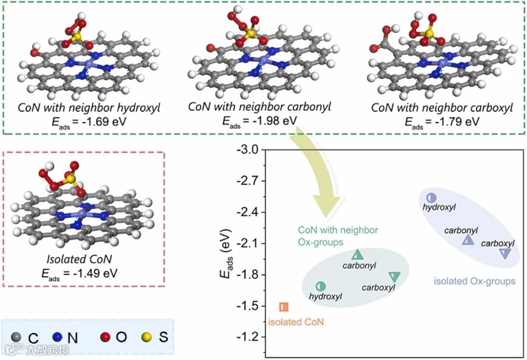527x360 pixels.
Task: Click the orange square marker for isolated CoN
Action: [283, 307]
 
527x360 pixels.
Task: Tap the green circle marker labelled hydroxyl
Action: [320, 286]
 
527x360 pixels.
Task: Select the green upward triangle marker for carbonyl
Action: [358, 255]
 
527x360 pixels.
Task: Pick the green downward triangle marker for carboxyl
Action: [394, 276]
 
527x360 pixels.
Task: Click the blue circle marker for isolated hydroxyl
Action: [431, 198]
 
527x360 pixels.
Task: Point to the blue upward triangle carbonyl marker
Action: [468, 240]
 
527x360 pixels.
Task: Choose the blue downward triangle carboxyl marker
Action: [505, 253]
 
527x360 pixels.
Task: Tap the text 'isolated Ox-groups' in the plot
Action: [475, 281]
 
